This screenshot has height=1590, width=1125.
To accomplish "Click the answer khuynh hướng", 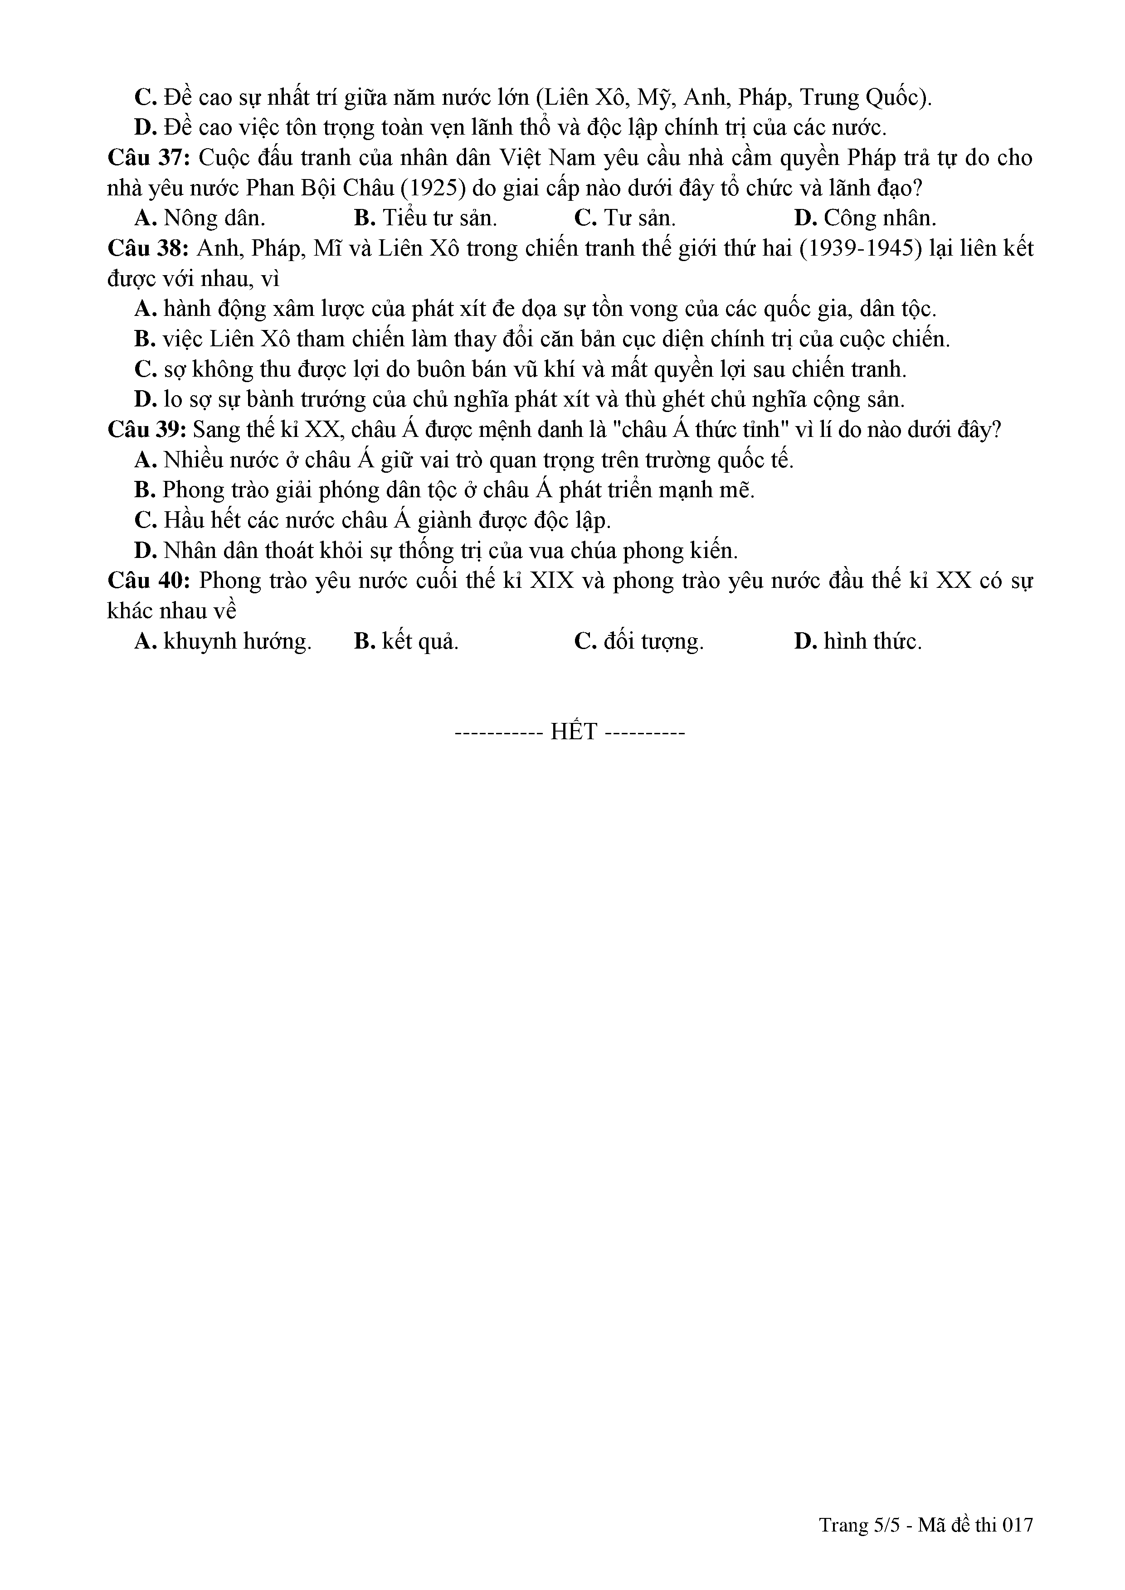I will (223, 642).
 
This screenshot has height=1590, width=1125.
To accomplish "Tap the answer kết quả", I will (407, 642).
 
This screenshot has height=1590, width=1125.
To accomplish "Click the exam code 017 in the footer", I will (1018, 1524).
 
